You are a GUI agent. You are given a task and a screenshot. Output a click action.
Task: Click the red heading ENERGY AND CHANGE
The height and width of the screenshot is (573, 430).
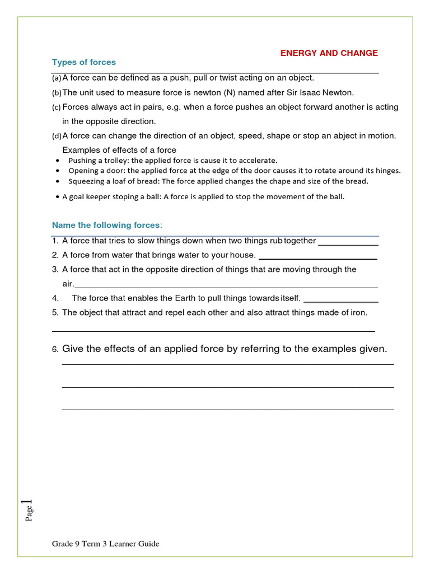(x=329, y=53)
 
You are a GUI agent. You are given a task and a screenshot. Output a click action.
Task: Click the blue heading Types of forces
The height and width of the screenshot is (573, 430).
(x=84, y=62)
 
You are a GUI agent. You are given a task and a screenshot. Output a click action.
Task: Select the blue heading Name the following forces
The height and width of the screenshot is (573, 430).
(x=106, y=225)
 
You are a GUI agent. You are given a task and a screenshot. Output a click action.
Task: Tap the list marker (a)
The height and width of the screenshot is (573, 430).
(x=57, y=78)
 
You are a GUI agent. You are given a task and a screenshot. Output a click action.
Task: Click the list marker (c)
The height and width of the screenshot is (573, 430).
(x=57, y=107)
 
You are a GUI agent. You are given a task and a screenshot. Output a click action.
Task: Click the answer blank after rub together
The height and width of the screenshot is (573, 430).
(x=348, y=242)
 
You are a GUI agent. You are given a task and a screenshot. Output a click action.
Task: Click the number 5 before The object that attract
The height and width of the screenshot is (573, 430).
(x=55, y=313)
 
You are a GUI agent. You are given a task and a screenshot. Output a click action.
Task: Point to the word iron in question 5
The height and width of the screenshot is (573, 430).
(x=358, y=313)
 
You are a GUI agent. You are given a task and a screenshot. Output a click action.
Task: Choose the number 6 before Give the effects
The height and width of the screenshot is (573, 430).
(x=55, y=350)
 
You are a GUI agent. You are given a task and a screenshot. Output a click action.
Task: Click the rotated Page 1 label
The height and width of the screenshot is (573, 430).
(x=29, y=510)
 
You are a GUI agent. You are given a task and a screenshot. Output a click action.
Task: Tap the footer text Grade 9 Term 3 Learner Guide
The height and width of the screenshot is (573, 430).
(x=106, y=544)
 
